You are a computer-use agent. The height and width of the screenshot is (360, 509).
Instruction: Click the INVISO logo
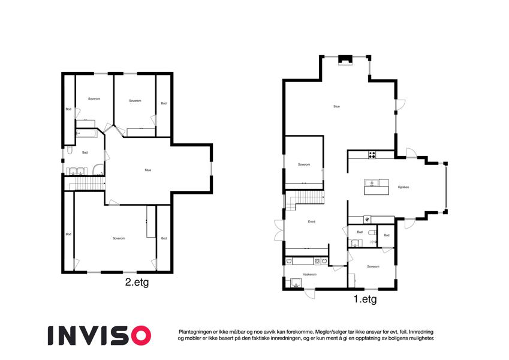pos(100,335)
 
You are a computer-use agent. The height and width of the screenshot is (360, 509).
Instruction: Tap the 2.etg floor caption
pos(137,282)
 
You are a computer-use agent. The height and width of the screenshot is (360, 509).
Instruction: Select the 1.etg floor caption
pos(365,299)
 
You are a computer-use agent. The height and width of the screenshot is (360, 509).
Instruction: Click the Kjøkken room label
pos(403,187)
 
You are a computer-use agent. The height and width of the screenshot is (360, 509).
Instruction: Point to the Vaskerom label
pos(309,275)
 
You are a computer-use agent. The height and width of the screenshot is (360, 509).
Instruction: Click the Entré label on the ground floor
pos(312,221)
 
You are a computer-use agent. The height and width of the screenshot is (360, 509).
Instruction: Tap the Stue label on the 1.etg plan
pos(336,107)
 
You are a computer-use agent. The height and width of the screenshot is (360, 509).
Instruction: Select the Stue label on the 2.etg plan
pos(148,170)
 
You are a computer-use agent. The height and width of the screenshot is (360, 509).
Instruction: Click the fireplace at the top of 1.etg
pos(345,60)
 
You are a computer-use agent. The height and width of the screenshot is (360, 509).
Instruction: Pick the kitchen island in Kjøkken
pos(377,187)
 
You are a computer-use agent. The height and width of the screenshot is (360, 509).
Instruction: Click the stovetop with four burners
pos(372,155)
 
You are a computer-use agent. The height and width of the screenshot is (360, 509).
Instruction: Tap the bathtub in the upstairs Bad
pos(86,133)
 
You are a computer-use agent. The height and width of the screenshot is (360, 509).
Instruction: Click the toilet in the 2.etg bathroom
pos(70,151)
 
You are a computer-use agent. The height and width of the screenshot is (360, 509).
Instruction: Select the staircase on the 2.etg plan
pos(85,183)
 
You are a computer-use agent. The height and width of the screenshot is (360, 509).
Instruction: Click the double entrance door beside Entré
pos(279,230)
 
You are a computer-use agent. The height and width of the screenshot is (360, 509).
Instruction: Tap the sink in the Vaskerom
pos(296,283)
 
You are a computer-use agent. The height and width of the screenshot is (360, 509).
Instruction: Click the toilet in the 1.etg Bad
pos(372,233)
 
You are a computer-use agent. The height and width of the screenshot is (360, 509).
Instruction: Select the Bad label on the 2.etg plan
pos(85,152)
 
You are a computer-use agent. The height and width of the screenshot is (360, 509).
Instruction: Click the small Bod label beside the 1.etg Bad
pos(387,235)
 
